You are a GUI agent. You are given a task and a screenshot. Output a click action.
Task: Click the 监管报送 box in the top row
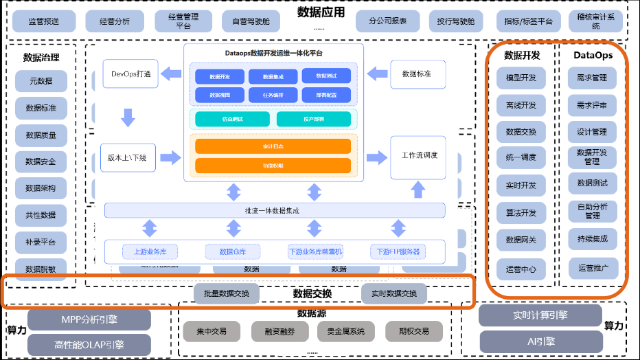(x=44, y=21)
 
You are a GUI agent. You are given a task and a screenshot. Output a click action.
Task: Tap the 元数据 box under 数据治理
(x=41, y=81)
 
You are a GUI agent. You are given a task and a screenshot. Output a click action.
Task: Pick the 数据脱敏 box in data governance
(x=41, y=269)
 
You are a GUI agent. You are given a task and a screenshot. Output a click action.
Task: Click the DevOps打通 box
(x=130, y=74)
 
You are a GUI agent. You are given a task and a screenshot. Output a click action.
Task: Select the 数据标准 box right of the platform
(x=416, y=74)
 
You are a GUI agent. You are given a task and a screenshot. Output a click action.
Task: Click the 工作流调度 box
(x=419, y=155)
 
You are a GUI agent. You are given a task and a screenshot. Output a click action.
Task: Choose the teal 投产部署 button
(x=313, y=119)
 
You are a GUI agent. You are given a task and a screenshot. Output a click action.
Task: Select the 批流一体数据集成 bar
(x=274, y=210)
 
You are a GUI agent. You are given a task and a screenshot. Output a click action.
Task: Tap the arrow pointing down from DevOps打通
(x=128, y=117)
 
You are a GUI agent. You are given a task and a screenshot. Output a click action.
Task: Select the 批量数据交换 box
(x=226, y=293)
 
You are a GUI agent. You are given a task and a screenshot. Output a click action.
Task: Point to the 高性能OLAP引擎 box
(x=89, y=344)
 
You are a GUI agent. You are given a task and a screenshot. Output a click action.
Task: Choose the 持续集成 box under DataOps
(x=593, y=238)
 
